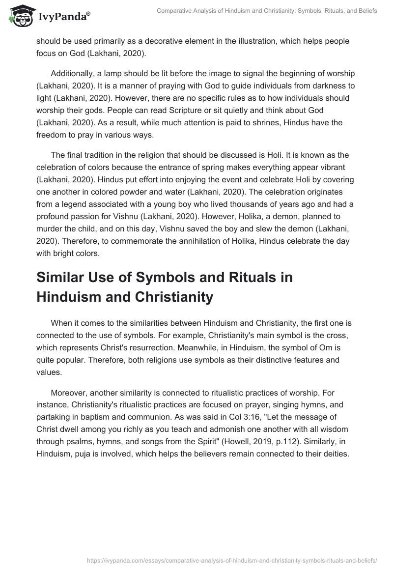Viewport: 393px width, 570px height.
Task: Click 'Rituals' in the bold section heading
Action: coord(227,278)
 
